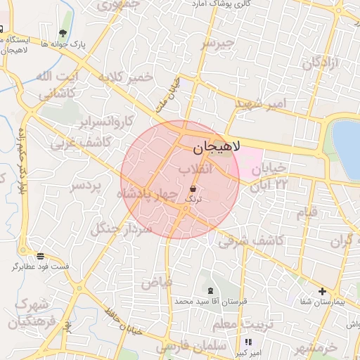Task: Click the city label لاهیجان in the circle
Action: click(216, 148)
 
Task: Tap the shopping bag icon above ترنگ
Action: click(193, 188)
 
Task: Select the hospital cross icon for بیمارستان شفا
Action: click(322, 291)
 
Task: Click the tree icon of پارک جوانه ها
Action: click(64, 33)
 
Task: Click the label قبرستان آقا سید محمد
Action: click(212, 302)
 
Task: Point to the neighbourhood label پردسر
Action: click(86, 186)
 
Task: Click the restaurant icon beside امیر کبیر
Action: click(247, 342)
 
